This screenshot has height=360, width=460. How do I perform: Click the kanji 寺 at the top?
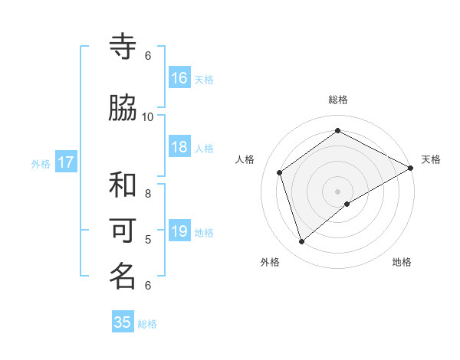coord(123,47)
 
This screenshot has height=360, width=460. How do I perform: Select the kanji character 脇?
coord(123,109)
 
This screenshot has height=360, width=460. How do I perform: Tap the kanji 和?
coord(123,185)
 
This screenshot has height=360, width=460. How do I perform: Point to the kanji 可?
coord(123,231)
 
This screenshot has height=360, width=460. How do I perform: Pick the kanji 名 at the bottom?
coord(123,277)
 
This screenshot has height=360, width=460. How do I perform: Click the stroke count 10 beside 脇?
coord(148,116)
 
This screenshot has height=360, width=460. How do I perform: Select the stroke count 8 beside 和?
coord(148,194)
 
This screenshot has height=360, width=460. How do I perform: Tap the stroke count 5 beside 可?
coord(148,240)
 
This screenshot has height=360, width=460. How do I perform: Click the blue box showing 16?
coord(179,78)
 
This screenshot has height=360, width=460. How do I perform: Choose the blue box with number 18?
coord(179,147)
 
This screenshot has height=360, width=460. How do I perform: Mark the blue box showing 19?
coord(179,231)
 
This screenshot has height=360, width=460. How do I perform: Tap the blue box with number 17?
coord(65,162)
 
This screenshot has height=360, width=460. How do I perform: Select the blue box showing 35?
coord(123,322)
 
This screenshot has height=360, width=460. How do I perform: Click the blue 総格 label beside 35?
coord(147,324)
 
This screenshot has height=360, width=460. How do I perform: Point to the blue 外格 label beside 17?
coord(41,163)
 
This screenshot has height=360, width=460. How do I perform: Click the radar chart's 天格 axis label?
coord(431,159)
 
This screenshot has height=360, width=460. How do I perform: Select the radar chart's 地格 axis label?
coord(402,262)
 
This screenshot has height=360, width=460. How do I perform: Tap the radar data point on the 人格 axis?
coord(280,172)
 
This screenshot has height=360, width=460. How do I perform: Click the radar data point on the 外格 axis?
coord(301,242)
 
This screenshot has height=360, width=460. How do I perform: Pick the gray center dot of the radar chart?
coord(338,191)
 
